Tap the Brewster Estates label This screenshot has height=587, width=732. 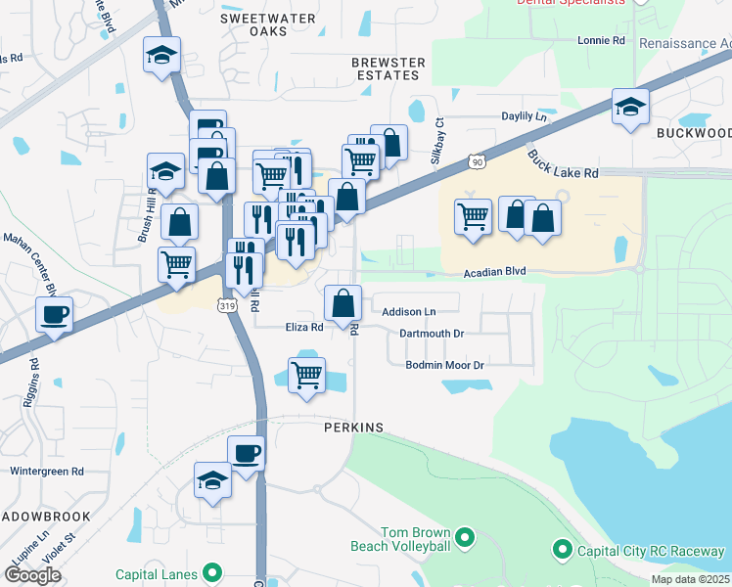(x=389, y=69)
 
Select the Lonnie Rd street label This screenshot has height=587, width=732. (x=601, y=40)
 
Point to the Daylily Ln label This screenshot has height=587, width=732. (x=524, y=116)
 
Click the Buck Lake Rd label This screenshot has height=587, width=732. (x=562, y=163)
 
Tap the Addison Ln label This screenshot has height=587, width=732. (x=408, y=311)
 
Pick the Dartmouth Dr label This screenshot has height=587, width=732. (x=432, y=334)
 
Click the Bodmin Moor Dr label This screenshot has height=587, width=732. (x=445, y=365)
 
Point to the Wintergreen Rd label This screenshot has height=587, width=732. (x=47, y=471)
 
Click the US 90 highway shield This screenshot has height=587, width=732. (x=476, y=160)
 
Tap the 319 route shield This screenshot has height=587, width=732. (x=227, y=306)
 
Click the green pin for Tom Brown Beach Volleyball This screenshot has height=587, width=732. (x=465, y=536)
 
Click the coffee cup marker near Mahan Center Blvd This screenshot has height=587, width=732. (x=53, y=314)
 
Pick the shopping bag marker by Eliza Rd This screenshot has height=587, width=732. (x=343, y=303)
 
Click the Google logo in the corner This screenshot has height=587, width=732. (x=32, y=574)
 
